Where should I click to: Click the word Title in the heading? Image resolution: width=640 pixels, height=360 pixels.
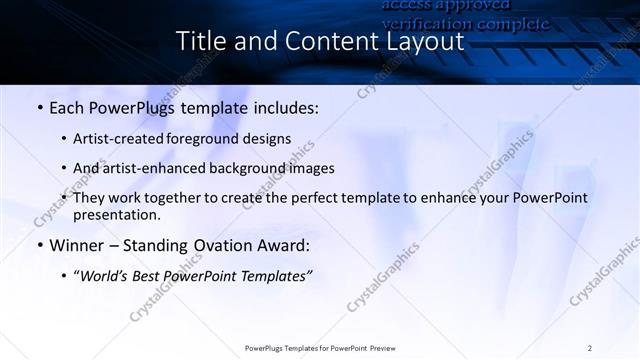click(x=199, y=42)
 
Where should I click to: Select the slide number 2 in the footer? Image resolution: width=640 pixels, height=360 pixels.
click(x=589, y=348)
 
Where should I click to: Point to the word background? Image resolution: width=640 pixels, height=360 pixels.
click(x=237, y=168)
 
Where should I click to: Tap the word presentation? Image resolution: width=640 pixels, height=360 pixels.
click(x=116, y=215)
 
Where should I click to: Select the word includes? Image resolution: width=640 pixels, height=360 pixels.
click(x=286, y=107)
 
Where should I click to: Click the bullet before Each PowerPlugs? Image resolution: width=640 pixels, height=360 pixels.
click(x=38, y=107)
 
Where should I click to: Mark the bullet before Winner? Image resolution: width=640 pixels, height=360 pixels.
click(x=38, y=244)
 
